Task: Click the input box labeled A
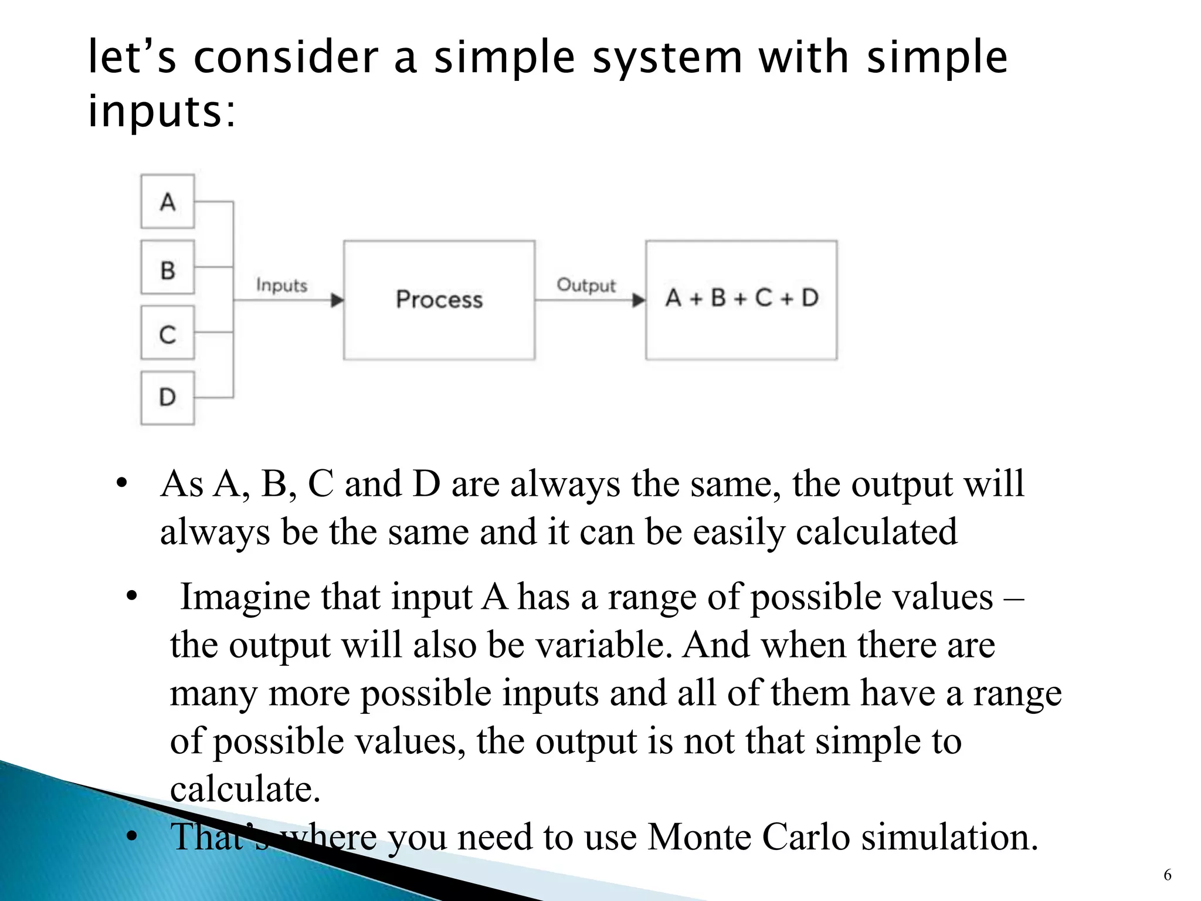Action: (167, 201)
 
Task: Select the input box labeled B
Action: (167, 267)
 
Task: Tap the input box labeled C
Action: (167, 333)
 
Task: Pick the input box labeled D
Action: (167, 398)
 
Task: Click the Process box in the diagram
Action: (439, 300)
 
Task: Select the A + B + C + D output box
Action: (741, 300)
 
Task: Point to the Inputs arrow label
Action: (281, 286)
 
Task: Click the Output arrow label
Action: (586, 285)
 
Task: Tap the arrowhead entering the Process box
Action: (337, 300)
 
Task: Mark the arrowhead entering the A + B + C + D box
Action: (639, 300)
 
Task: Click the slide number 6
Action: (1167, 875)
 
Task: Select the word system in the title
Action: (667, 57)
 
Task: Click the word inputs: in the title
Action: (162, 111)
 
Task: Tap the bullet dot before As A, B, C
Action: (122, 484)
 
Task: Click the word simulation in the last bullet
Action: (949, 836)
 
